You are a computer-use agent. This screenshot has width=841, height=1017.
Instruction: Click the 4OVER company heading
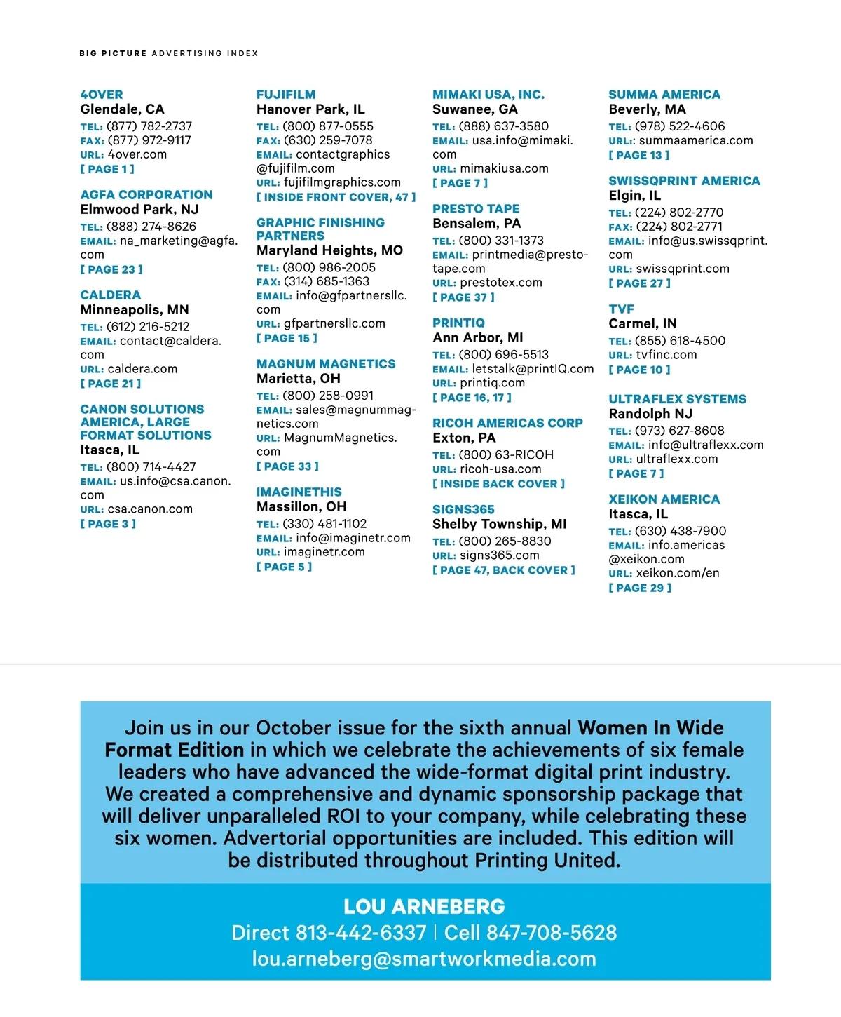coord(102,95)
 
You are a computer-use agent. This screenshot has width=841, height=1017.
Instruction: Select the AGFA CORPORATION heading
coord(146,195)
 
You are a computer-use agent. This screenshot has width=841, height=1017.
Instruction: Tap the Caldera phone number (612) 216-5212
coord(148,327)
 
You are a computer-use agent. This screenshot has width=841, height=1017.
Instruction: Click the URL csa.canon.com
coord(150,509)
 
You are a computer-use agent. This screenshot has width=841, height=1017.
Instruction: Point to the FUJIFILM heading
coord(286,95)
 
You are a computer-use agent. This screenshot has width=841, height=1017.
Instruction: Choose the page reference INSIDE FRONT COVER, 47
coord(336,198)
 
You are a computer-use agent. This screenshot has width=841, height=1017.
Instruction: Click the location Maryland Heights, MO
coord(329,250)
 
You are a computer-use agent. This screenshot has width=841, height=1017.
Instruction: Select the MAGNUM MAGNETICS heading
coord(326,364)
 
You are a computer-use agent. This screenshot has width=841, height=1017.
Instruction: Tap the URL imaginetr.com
coord(324,552)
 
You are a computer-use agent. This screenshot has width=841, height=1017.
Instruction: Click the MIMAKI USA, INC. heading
coord(488,95)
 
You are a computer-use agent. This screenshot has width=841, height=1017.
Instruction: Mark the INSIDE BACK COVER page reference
coord(498,484)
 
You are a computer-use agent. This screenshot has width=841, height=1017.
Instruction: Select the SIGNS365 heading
coord(463,510)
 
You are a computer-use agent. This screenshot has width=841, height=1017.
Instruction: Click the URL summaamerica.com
coord(696,140)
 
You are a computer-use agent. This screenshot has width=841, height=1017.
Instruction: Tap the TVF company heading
coord(622,309)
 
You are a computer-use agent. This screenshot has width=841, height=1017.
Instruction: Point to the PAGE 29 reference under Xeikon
coord(640,588)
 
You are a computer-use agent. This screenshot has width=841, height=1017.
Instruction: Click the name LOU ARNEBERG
coord(424,907)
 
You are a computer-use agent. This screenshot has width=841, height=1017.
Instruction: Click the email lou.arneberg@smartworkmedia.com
coord(424,959)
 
